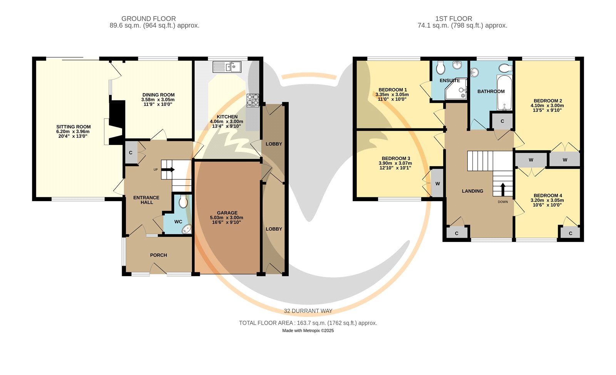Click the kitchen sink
(227, 67)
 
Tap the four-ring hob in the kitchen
(253, 100)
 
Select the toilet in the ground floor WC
(183, 202)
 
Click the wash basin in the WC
(187, 229)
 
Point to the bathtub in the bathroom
(504, 93)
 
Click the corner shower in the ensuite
(456, 89)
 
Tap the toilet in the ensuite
(440, 68)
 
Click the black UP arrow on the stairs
(168, 170)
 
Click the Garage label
(227, 213)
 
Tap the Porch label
(158, 255)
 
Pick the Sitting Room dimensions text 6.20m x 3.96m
(73, 132)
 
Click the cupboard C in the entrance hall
(131, 153)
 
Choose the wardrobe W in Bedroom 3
(437, 183)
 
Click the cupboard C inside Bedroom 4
(570, 233)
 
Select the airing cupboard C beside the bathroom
(502, 121)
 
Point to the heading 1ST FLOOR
(454, 19)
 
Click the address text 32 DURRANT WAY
(308, 311)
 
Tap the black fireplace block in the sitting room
(117, 122)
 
